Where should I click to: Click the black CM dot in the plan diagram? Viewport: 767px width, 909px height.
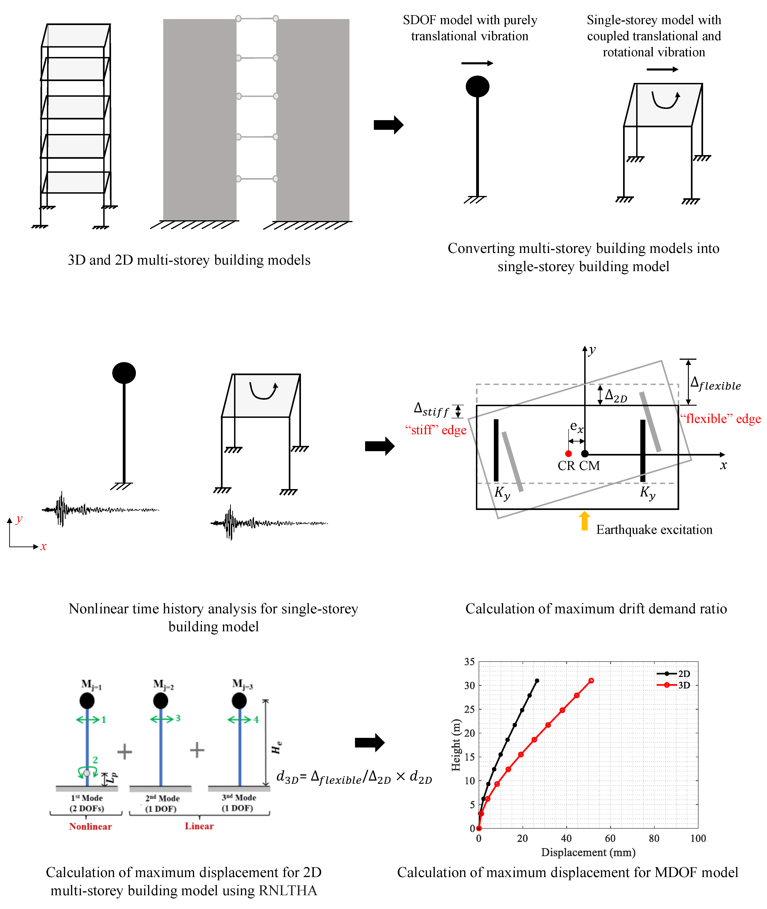[x=585, y=454]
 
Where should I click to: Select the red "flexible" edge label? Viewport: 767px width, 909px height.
[x=721, y=419]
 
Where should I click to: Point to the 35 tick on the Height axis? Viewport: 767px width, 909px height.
[x=469, y=662]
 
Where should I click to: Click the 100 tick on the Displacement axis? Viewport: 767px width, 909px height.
[x=698, y=839]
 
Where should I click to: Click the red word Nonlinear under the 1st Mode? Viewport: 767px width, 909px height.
[x=90, y=827]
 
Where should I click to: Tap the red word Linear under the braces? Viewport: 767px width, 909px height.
[x=199, y=826]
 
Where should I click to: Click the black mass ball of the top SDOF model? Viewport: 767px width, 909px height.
[x=477, y=86]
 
